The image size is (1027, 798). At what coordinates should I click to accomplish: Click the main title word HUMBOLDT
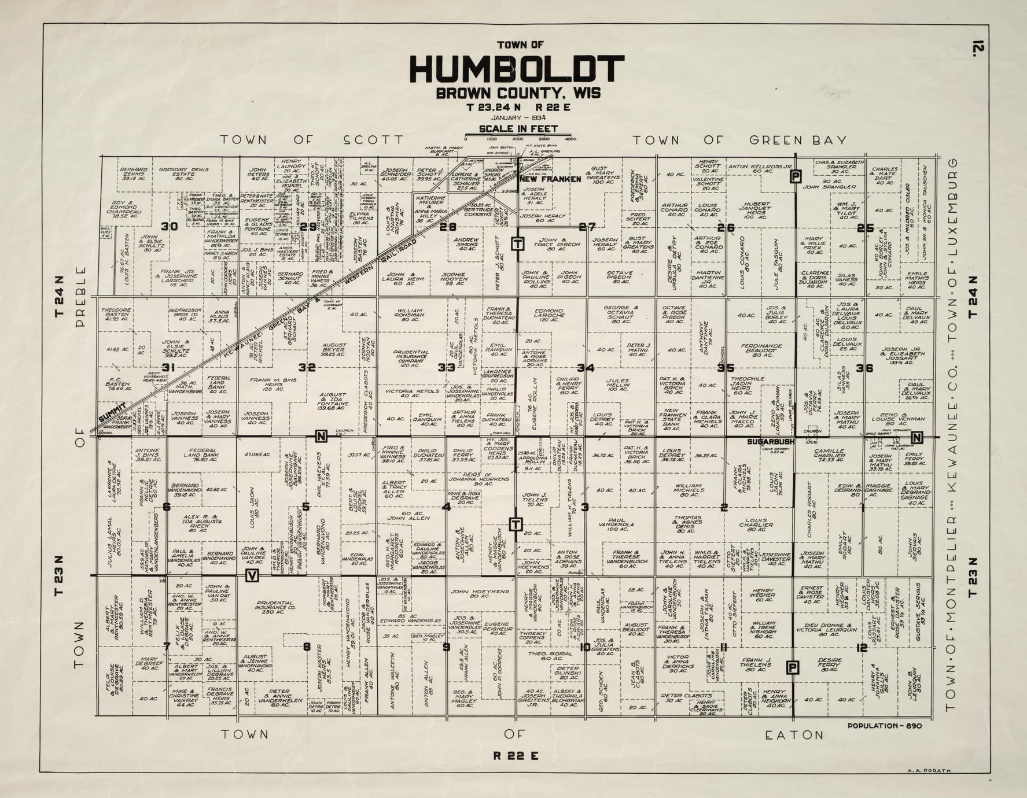tap(517, 69)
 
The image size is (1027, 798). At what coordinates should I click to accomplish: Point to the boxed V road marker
tap(252, 575)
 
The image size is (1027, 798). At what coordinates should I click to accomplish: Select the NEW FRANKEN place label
tap(550, 179)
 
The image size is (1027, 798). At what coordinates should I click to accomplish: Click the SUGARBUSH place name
tap(770, 442)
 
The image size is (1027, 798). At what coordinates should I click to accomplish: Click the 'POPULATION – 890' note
tap(884, 726)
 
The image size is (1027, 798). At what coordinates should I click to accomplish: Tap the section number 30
tap(170, 227)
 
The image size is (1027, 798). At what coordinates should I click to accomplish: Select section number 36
tap(864, 368)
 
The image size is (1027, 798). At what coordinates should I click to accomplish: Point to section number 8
tap(307, 647)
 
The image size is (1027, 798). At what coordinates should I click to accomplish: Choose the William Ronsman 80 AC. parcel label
tap(410, 315)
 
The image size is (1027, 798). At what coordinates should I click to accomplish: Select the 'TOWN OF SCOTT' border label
tap(311, 140)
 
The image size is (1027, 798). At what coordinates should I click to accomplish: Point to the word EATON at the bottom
tap(794, 735)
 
